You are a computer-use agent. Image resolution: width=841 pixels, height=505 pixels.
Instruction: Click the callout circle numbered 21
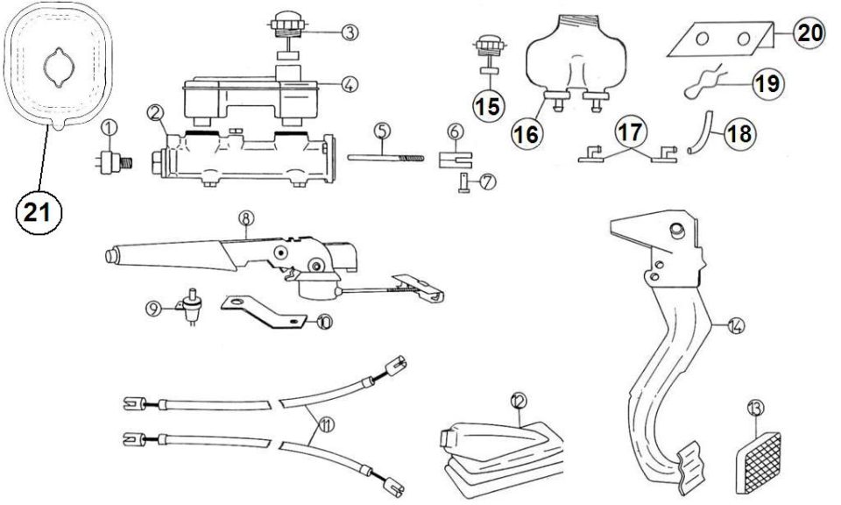tap(39, 212)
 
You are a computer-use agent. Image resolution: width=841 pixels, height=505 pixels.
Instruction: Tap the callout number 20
tap(809, 32)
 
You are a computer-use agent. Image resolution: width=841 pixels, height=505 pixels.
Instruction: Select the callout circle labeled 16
tap(527, 133)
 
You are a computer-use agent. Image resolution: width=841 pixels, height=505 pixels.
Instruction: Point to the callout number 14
tap(737, 324)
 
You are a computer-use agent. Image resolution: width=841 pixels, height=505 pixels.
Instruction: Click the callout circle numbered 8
tap(245, 218)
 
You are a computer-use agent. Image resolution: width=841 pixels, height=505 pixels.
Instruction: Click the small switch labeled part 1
tap(114, 161)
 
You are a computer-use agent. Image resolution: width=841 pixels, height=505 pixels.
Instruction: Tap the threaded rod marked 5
tap(385, 157)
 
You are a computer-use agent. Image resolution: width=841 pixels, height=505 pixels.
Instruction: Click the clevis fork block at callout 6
tap(455, 160)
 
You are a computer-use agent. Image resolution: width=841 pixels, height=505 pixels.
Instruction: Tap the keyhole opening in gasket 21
tap(59, 68)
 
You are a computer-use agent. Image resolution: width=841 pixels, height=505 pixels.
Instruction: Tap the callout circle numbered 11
tap(326, 425)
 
